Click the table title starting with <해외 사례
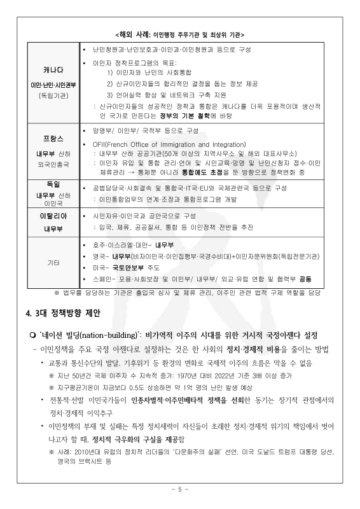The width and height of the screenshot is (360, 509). tap(180, 34)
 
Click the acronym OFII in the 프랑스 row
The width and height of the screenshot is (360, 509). tap(100, 145)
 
